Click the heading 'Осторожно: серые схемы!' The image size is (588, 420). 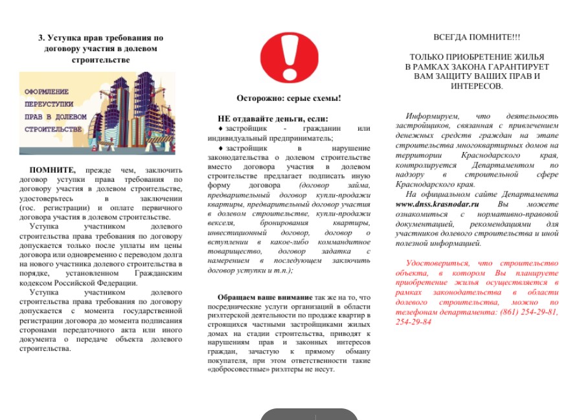288,99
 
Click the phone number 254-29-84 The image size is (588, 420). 413,322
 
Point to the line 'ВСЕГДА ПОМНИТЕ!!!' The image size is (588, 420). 476,38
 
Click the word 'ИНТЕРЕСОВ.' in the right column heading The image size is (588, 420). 476,85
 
